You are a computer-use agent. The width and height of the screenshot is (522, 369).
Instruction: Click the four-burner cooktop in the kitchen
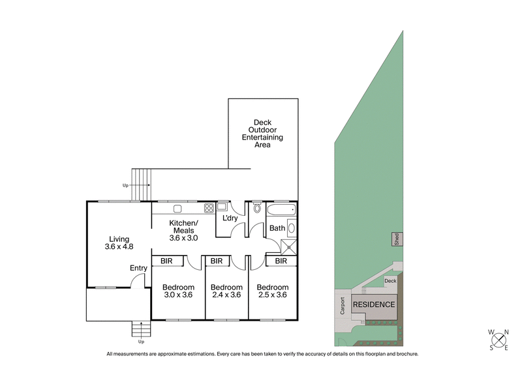coord(209,209)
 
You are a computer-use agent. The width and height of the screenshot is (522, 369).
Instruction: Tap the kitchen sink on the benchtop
coord(177,209)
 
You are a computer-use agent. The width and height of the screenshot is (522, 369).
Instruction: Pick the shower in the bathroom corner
coord(288,246)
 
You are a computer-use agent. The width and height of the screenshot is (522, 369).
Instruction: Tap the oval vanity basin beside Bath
coord(291,228)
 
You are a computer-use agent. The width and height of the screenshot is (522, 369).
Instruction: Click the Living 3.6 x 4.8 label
coord(119,243)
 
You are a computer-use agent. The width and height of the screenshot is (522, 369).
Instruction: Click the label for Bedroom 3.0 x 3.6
coord(178,291)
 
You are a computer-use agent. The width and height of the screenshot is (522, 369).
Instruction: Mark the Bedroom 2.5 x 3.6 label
coord(272,291)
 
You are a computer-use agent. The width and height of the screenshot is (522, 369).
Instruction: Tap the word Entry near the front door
coord(138,268)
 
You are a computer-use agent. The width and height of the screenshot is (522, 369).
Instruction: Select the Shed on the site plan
coord(395,239)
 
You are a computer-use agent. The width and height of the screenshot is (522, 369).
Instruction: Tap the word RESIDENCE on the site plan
coord(374,304)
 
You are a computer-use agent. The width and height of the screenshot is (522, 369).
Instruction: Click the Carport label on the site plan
coord(342,307)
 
